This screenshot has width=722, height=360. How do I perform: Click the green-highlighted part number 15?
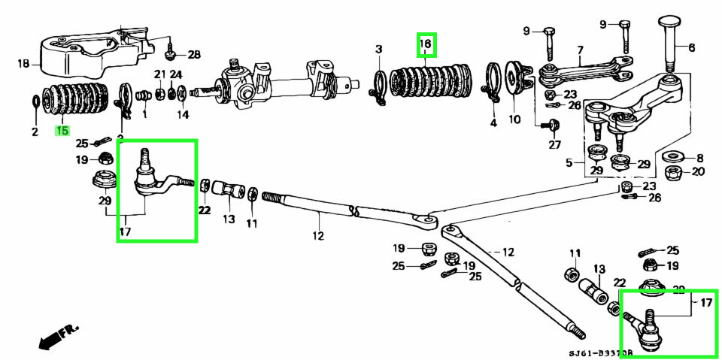point(61,130)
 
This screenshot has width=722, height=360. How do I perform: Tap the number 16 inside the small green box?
point(426,45)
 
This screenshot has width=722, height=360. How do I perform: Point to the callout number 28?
point(195,55)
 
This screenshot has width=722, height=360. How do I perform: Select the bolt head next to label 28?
point(171,53)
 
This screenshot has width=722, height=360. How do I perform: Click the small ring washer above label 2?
point(35,101)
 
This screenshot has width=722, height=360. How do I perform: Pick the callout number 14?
point(183,115)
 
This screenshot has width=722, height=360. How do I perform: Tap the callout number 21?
point(159,74)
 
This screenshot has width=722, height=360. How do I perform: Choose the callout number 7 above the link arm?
point(580,50)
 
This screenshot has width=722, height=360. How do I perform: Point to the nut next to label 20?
point(674,173)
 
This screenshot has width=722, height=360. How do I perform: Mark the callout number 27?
point(555,145)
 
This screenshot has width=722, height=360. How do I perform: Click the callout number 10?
point(514,119)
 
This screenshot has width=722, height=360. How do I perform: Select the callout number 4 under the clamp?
point(493,122)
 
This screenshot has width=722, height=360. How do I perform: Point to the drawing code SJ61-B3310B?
point(600,352)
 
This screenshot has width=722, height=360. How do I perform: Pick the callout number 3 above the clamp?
point(379,50)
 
